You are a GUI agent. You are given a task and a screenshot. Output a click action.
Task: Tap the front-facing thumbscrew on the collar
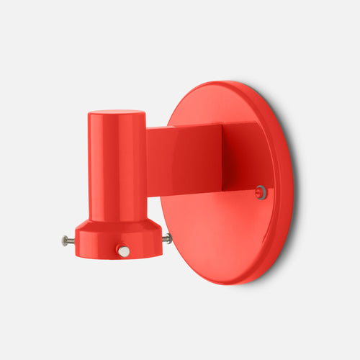coord(124,251)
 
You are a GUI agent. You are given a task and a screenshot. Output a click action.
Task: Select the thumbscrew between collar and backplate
coord(167,238)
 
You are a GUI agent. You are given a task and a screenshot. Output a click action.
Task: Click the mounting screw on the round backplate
coord(261,192)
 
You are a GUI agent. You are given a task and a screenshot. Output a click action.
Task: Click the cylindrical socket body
coord(117,166)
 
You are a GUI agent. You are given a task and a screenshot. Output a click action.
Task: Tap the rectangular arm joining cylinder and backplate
coord(184,158)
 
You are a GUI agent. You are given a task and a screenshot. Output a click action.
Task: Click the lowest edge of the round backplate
coord(229,282)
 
